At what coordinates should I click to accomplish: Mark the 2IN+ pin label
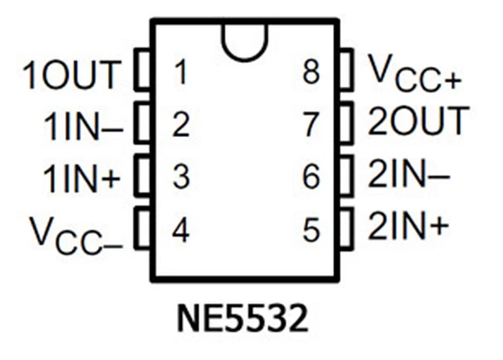tap(408, 228)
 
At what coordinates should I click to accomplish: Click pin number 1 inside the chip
tap(180, 74)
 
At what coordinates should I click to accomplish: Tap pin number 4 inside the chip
tap(180, 231)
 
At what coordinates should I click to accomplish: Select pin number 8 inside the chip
tap(311, 74)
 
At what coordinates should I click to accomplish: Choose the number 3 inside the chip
tap(180, 179)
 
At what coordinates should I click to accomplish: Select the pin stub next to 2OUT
tap(347, 122)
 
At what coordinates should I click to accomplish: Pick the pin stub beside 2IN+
tap(347, 226)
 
